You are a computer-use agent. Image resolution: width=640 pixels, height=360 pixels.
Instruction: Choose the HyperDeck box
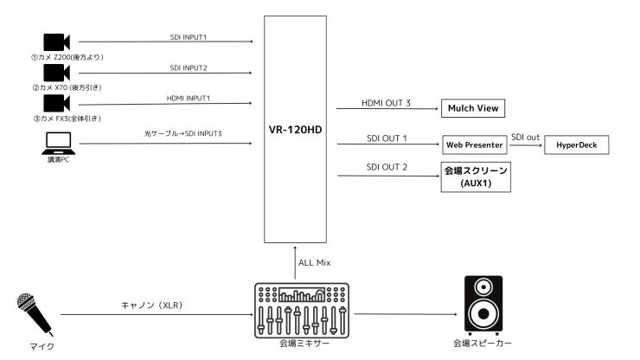pyautogui.click(x=576, y=144)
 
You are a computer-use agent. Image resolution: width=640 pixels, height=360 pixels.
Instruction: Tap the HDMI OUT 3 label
pyautogui.click(x=386, y=103)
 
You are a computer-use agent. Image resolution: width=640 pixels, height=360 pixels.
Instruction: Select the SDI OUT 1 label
pyautogui.click(x=387, y=138)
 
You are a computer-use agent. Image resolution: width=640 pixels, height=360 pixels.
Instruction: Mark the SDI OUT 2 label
pyautogui.click(x=387, y=166)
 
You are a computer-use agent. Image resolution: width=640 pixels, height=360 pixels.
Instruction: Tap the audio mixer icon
pyautogui.click(x=302, y=311)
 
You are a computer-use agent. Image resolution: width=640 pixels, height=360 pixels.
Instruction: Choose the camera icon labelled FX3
pyautogui.click(x=55, y=105)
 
